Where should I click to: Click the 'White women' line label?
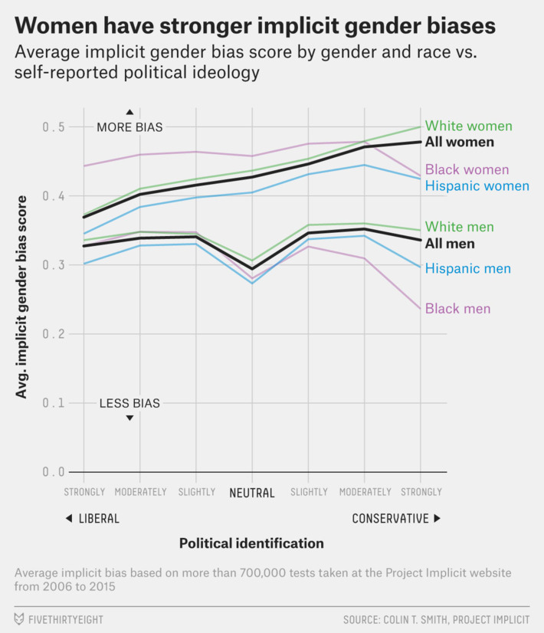click(x=468, y=126)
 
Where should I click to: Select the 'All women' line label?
click(x=460, y=143)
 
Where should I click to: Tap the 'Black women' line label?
click(x=467, y=170)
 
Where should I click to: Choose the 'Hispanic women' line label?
click(x=477, y=186)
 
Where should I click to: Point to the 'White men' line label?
click(x=459, y=228)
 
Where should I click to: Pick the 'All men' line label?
click(x=450, y=244)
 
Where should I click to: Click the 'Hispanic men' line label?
click(x=467, y=269)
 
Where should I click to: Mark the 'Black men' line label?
click(x=457, y=309)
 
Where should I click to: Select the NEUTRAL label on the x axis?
click(x=252, y=493)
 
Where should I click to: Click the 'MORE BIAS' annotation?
click(x=129, y=128)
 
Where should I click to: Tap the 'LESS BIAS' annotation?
click(x=129, y=404)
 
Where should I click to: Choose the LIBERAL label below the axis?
click(x=99, y=519)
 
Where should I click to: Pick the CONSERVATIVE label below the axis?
click(x=390, y=519)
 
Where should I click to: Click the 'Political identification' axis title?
click(x=251, y=543)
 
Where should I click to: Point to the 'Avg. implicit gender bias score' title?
click(x=22, y=296)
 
